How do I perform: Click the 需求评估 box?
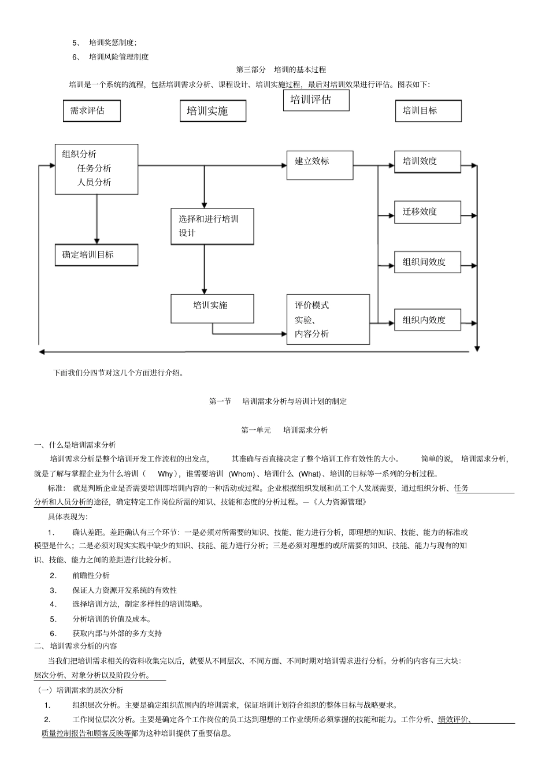[x=91, y=111]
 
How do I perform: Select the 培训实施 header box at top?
[x=213, y=111]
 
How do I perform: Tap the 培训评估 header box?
[x=316, y=100]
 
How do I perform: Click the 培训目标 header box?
[x=428, y=111]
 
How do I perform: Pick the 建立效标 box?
[x=320, y=165]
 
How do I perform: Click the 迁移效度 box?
[x=427, y=212]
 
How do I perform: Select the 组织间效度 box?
[x=427, y=262]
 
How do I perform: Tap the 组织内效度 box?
[x=427, y=320]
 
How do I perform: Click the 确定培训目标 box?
[x=96, y=255]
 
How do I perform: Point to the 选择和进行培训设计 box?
[x=212, y=226]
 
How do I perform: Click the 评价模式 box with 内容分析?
[x=328, y=319]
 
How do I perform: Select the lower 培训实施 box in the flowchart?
[x=212, y=308]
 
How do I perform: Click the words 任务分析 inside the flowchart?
[x=94, y=169]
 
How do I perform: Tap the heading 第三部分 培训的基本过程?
[x=281, y=70]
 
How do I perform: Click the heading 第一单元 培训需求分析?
[x=284, y=430]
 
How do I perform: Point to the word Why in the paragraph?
[x=165, y=474]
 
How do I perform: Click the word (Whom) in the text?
[x=242, y=474]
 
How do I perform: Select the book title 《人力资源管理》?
[x=339, y=502]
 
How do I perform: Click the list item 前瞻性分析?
[x=91, y=575]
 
